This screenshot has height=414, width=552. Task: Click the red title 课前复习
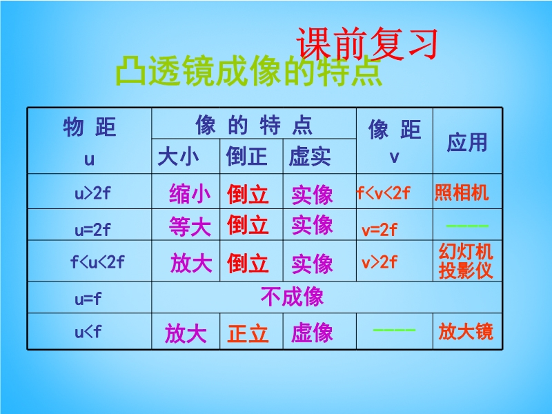(x=367, y=43)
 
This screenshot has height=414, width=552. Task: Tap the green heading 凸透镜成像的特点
(x=248, y=72)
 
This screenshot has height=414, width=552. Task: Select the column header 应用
(x=467, y=142)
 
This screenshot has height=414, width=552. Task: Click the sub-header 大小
(x=178, y=157)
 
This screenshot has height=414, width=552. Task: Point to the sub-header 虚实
(x=310, y=157)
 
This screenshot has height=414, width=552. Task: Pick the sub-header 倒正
(x=246, y=157)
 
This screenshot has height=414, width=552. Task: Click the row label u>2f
(x=92, y=193)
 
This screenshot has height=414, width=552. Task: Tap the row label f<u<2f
(x=97, y=262)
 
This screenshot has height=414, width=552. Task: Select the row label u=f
(x=88, y=299)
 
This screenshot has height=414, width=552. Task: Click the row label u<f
(x=88, y=332)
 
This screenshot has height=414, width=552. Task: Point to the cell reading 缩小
(x=190, y=194)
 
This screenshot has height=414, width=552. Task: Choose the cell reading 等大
(x=190, y=226)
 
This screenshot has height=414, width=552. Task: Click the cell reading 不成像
(x=292, y=297)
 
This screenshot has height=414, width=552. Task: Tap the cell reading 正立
(x=248, y=333)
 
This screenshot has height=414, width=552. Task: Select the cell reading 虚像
(x=312, y=333)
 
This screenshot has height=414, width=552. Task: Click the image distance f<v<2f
(x=384, y=193)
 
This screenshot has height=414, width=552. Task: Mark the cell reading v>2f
(x=379, y=262)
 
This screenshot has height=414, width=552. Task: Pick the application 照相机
(x=462, y=193)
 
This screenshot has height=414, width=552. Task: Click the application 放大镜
(x=466, y=332)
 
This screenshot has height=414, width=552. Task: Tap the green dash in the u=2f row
(x=467, y=226)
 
